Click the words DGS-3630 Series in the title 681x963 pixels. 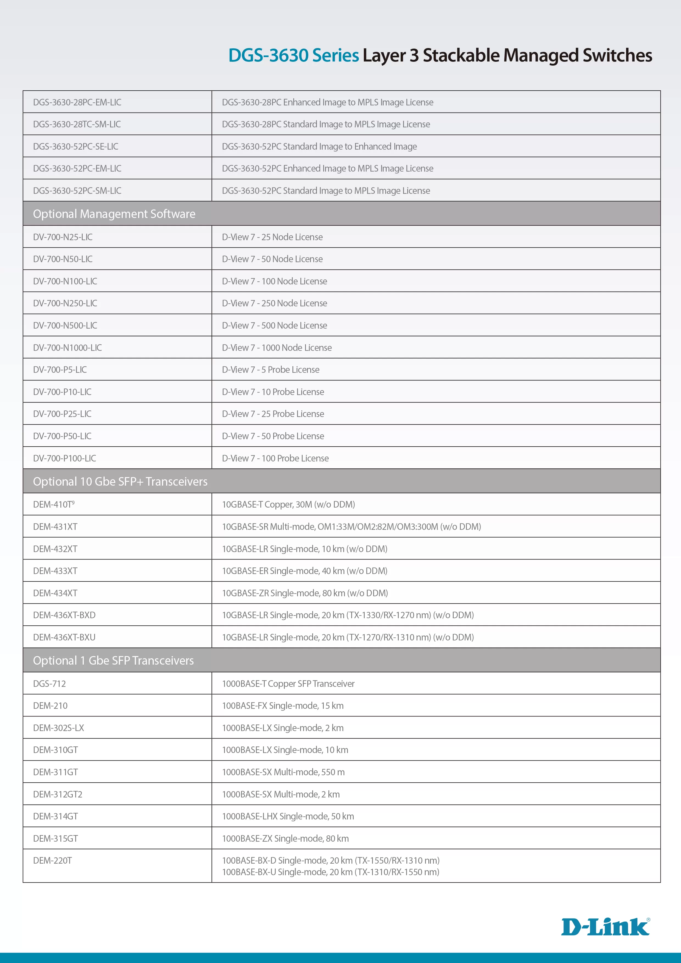point(293,55)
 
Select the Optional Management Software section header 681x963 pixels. point(114,214)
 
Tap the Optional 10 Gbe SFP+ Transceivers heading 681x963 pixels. point(120,481)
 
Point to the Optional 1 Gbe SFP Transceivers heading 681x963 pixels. point(113,660)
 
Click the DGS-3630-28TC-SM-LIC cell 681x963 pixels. point(77,124)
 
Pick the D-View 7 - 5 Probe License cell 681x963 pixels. point(271,369)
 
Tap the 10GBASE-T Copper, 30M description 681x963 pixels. point(288,504)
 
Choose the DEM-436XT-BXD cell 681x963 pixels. point(64,615)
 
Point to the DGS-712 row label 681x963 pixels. point(49,684)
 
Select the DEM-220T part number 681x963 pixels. point(52,860)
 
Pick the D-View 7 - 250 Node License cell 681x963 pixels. point(274,303)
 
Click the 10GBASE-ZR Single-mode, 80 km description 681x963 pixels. point(305,593)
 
